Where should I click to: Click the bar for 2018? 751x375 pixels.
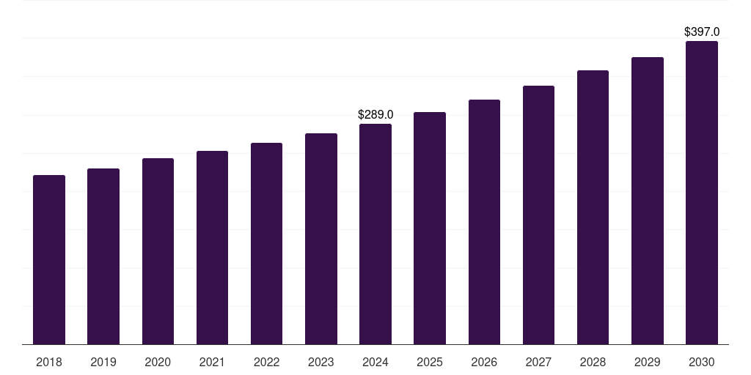[49, 260]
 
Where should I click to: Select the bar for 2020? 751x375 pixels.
[158, 251]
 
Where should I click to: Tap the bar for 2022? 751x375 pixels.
[266, 244]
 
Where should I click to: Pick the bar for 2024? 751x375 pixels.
[375, 234]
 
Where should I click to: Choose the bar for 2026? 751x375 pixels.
[484, 222]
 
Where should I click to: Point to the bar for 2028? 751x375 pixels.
[593, 207]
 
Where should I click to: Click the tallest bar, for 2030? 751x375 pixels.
[702, 193]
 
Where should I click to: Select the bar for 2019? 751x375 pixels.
[103, 256]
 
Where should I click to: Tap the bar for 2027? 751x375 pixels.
[538, 215]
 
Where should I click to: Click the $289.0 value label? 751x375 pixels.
[375, 115]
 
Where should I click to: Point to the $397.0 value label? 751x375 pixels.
[702, 32]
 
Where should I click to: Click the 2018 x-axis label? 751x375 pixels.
[49, 362]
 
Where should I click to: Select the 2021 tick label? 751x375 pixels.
[212, 362]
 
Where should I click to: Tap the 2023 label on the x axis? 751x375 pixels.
[321, 362]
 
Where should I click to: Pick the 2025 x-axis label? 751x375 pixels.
[430, 362]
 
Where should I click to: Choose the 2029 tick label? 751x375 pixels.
[648, 362]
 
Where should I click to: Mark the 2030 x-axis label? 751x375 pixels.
[702, 362]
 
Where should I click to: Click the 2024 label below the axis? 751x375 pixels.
[375, 362]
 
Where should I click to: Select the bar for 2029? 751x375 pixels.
[648, 201]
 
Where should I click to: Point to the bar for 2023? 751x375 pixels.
[321, 239]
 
